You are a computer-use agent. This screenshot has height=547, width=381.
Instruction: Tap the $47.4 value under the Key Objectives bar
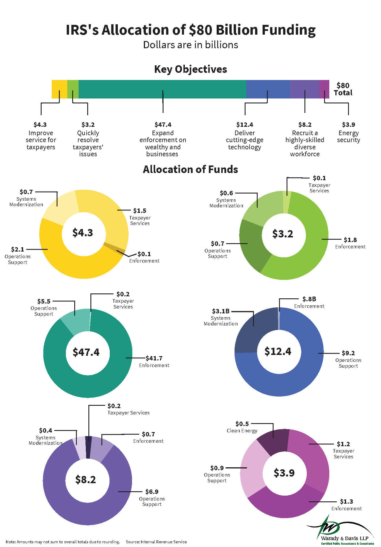(163, 125)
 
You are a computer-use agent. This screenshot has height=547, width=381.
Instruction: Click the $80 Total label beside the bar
(343, 89)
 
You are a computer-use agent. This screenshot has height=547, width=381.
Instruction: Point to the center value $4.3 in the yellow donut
(83, 233)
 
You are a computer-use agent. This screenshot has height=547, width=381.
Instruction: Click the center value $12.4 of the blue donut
(278, 351)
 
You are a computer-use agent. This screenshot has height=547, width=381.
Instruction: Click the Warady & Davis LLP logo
(341, 531)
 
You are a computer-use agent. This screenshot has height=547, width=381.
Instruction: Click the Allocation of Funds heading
(190, 170)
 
